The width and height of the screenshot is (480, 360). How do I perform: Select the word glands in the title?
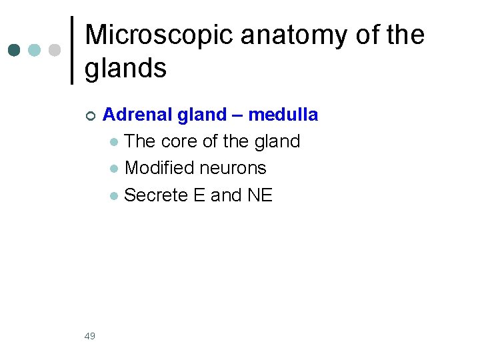pyautogui.click(x=125, y=67)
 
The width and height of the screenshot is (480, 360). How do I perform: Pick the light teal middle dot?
pyautogui.click(x=34, y=51)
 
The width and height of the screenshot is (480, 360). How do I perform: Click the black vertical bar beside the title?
pyautogui.click(x=72, y=51)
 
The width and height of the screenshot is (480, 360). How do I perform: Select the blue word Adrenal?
pyautogui.click(x=131, y=115)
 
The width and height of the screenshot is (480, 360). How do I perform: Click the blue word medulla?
pyautogui.click(x=283, y=115)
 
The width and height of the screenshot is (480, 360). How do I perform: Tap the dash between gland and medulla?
pyautogui.click(x=237, y=115)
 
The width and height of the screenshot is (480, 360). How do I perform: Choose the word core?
pyautogui.click(x=179, y=141)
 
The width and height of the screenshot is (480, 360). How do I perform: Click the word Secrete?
pyautogui.click(x=153, y=195)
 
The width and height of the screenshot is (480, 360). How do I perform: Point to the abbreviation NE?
pyautogui.click(x=259, y=195)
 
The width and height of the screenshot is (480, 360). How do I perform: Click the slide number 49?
pyautogui.click(x=90, y=336)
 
